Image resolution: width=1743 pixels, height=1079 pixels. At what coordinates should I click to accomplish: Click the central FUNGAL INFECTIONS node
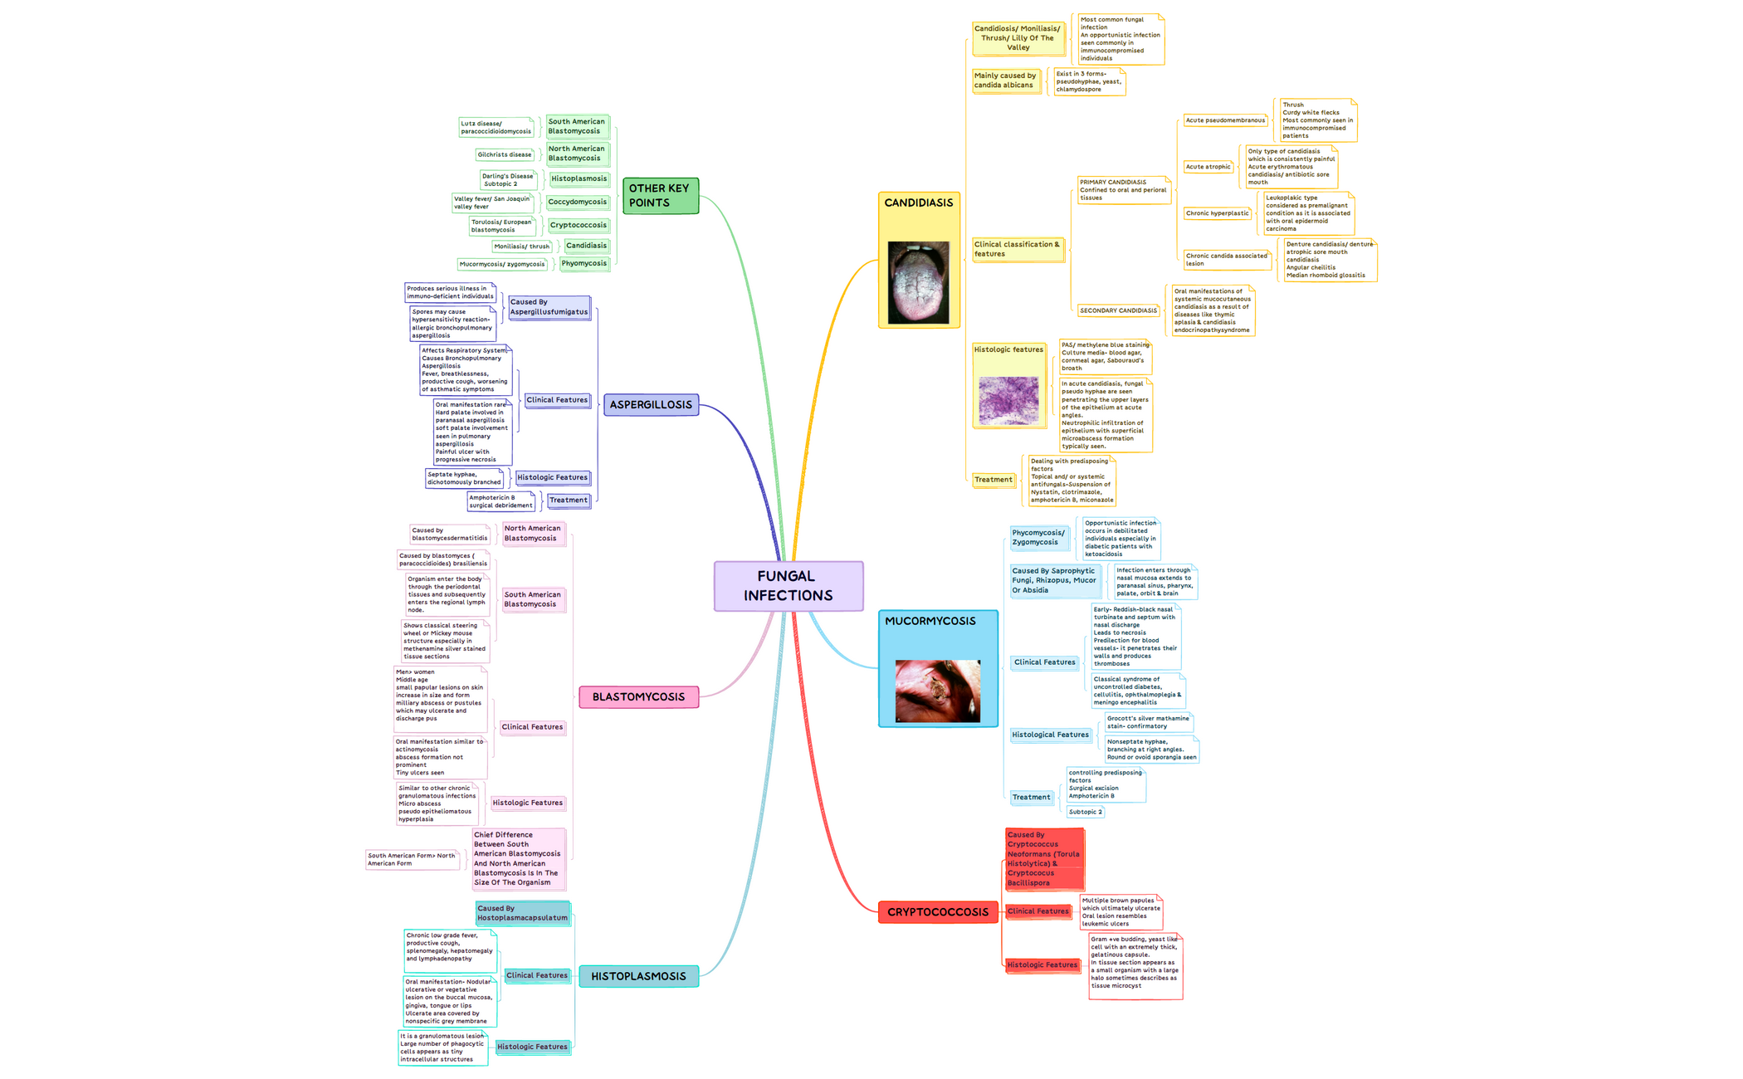click(x=788, y=586)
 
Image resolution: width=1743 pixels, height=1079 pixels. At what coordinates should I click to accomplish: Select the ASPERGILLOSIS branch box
click(x=651, y=405)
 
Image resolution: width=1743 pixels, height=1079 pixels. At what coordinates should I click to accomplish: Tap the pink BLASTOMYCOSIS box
click(x=638, y=697)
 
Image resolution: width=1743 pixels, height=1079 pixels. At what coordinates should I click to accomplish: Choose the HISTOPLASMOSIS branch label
click(x=638, y=976)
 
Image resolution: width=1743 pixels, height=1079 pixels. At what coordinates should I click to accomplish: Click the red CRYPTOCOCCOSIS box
click(x=937, y=912)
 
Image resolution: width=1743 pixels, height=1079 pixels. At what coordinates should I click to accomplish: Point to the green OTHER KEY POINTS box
click(x=660, y=196)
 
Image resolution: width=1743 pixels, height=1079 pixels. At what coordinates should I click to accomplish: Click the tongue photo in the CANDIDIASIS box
click(x=918, y=282)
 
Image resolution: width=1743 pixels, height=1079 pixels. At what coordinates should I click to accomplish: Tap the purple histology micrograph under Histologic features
click(x=1008, y=400)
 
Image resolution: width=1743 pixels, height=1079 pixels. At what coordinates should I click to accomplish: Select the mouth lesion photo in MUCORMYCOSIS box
click(x=937, y=691)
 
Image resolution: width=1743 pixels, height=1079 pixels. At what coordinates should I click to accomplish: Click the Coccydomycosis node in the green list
click(x=578, y=202)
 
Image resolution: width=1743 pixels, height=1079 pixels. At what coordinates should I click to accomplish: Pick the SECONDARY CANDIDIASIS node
click(x=1118, y=310)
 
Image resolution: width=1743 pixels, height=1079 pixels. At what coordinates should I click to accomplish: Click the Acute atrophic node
click(x=1208, y=167)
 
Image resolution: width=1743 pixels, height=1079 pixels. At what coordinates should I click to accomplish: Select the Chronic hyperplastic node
click(x=1217, y=213)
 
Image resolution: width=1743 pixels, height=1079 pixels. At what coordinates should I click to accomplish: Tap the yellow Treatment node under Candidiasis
click(x=993, y=480)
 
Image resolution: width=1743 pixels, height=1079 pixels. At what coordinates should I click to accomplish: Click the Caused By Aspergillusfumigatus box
click(x=549, y=307)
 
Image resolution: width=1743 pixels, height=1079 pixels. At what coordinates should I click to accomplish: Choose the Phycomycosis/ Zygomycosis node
click(x=1037, y=538)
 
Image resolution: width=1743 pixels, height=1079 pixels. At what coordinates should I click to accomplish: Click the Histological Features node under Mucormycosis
click(x=1050, y=735)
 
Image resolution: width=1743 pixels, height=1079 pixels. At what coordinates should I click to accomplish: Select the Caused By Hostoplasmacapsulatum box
click(x=522, y=913)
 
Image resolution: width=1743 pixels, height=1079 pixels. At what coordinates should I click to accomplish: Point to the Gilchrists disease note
click(x=504, y=154)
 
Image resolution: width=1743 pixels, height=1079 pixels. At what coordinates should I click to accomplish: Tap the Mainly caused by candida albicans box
click(x=1005, y=81)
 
